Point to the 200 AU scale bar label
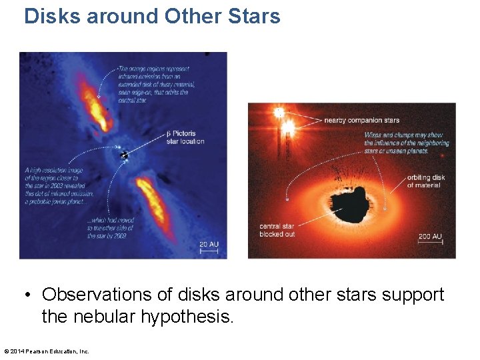tap(430, 236)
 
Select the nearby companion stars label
tap(362, 120)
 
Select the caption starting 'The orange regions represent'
tap(153, 84)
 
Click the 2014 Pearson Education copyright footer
tap(47, 351)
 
